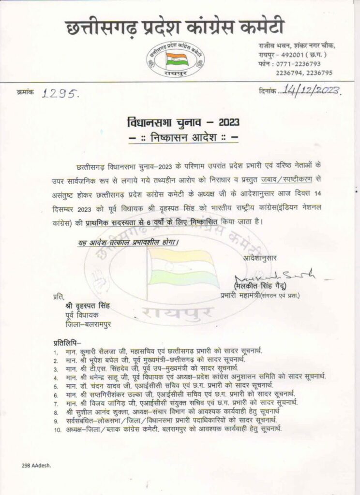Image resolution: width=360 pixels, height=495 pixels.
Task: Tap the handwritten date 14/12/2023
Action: pos(310,90)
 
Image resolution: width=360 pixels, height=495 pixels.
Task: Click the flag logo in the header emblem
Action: pos(176,60)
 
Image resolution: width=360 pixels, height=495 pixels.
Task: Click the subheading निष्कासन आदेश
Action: pos(180,138)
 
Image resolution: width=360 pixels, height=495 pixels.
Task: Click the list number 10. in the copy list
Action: pos(58,429)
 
